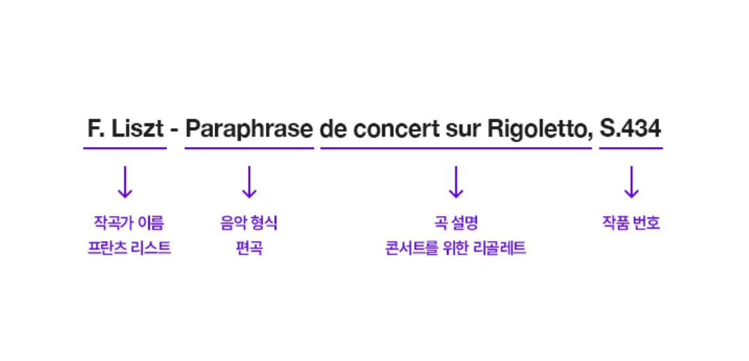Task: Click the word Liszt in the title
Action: tap(136, 129)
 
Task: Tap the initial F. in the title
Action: tap(95, 129)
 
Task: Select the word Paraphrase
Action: tap(249, 130)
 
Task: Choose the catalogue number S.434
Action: tap(631, 129)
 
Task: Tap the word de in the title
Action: tap(333, 129)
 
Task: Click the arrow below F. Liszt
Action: tap(125, 182)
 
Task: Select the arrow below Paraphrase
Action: tap(249, 182)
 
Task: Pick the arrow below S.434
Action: tap(631, 182)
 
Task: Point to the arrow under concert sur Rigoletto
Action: tap(455, 182)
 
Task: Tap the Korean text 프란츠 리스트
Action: tap(125, 248)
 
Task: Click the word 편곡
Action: tap(249, 248)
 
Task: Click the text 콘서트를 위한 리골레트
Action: tap(455, 248)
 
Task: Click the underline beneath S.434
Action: tap(631, 148)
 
